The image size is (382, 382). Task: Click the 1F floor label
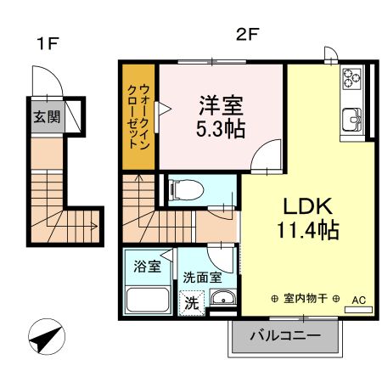click(46, 42)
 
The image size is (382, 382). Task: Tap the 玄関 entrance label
click(48, 117)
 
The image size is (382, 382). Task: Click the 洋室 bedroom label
click(222, 106)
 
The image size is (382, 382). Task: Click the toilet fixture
click(181, 190)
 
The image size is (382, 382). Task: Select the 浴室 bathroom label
click(148, 267)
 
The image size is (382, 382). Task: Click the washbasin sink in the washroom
click(222, 297)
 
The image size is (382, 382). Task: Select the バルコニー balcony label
click(285, 336)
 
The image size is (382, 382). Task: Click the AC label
click(358, 300)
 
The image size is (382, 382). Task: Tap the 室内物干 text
click(306, 299)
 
